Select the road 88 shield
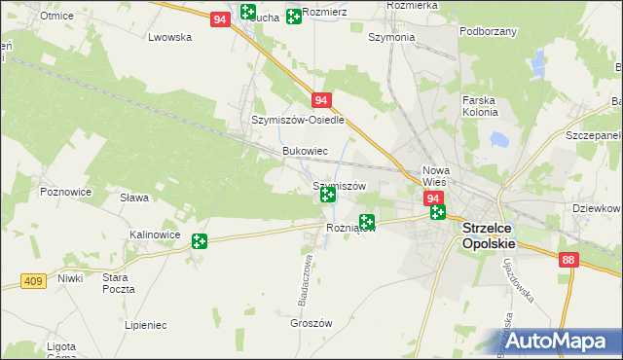click(x=569, y=260)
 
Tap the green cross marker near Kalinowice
click(x=200, y=241)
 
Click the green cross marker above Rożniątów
click(x=367, y=223)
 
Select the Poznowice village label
click(x=65, y=192)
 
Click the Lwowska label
click(x=169, y=37)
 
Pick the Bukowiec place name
click(x=304, y=152)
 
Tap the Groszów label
click(x=312, y=324)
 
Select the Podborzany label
click(x=488, y=31)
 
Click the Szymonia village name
click(x=391, y=37)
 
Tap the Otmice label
click(x=58, y=16)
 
